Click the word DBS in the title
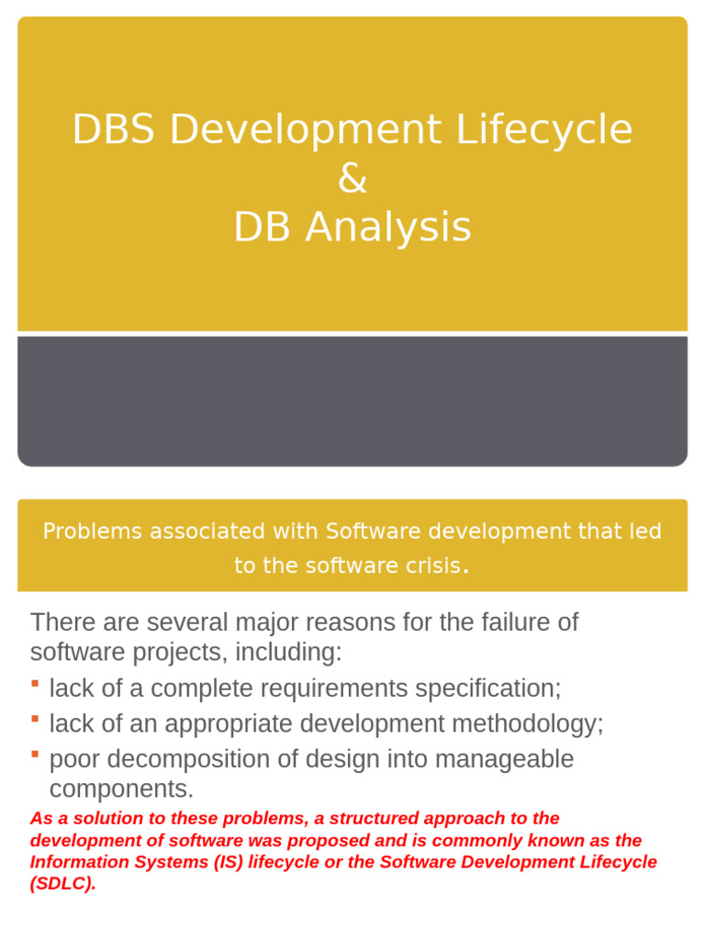click(114, 130)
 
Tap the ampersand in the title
click(352, 179)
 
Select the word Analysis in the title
click(389, 228)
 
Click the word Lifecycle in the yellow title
click(558, 130)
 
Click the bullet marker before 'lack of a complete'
click(35, 684)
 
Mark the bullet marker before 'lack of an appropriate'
click(35, 719)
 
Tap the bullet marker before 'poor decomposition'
click(35, 754)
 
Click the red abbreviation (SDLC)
click(62, 883)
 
